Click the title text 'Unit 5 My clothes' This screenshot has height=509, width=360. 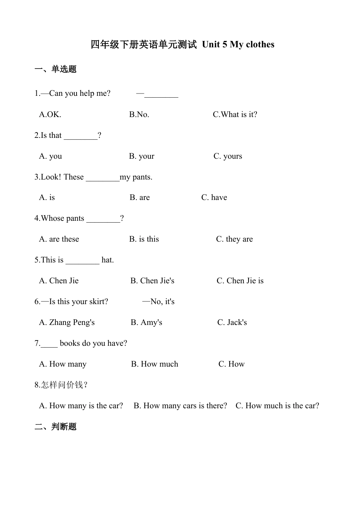[238, 45]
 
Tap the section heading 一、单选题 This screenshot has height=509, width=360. [55, 69]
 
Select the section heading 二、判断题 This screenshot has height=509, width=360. [55, 426]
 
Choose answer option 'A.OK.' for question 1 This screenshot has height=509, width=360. [50, 114]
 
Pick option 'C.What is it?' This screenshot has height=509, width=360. [235, 114]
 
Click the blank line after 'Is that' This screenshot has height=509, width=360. [80, 137]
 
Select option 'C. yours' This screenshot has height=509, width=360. [228, 156]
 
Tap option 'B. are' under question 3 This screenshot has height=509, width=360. [139, 197]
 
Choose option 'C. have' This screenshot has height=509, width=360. [214, 197]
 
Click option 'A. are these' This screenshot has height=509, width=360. [59, 239]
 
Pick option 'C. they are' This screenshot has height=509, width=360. [234, 239]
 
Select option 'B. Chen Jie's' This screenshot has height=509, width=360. [152, 281]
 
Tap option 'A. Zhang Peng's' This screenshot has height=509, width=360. [67, 322]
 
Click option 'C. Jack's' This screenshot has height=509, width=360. [232, 322]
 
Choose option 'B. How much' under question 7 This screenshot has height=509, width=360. [155, 364]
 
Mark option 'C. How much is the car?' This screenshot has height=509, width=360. [277, 406]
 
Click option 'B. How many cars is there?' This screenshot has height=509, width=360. [180, 406]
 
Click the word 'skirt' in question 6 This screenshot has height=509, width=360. [99, 301]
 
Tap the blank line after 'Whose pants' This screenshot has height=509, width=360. [103, 220]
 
